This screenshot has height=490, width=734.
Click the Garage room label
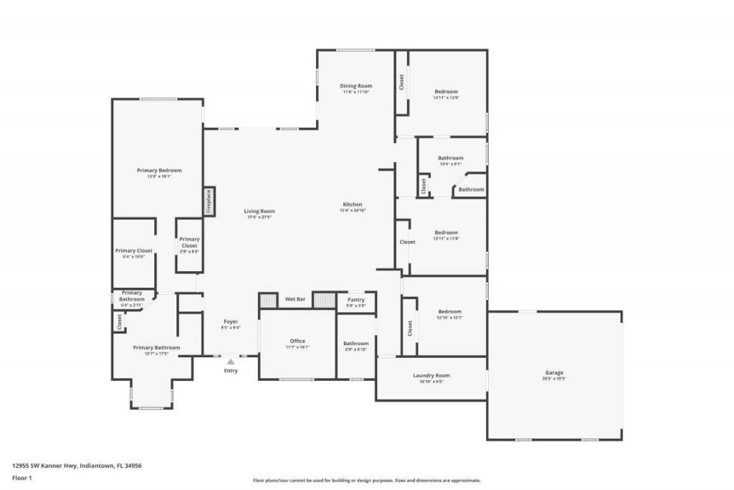click(554, 372)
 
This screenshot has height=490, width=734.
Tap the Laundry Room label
click(431, 376)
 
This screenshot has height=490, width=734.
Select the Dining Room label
click(356, 86)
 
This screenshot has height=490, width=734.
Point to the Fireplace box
click(209, 201)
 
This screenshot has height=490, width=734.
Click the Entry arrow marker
click(230, 362)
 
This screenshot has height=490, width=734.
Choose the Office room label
click(297, 341)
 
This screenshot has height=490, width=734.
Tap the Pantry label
click(356, 300)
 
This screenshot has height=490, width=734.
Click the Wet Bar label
click(295, 298)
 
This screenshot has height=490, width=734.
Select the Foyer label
click(230, 322)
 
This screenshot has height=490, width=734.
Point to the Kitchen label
click(352, 205)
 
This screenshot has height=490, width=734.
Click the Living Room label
click(259, 212)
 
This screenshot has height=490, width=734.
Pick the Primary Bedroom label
click(159, 171)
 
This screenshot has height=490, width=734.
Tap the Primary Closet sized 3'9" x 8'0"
click(189, 242)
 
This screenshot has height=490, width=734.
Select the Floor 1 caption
click(23, 477)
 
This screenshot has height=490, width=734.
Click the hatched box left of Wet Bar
click(268, 300)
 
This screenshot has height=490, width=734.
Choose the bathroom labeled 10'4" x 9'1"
click(451, 159)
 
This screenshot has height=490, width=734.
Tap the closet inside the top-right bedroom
click(401, 83)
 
